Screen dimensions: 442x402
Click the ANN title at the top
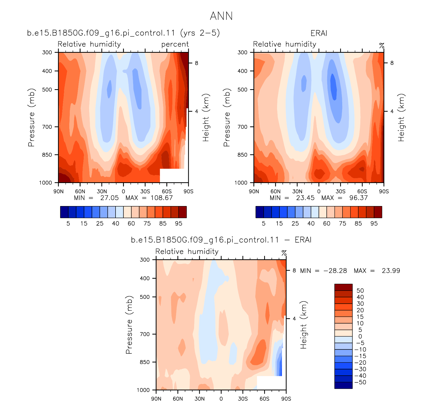click(221, 16)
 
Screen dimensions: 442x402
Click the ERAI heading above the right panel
click(319, 33)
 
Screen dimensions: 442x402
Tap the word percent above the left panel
click(175, 44)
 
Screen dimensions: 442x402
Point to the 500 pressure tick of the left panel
click(47, 90)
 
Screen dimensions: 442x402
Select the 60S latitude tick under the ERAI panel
click(362, 192)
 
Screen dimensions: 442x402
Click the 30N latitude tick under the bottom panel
click(200, 399)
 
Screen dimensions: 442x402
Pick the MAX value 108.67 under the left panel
click(162, 198)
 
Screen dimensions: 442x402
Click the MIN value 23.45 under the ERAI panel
click(305, 198)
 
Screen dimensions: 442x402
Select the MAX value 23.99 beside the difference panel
click(391, 271)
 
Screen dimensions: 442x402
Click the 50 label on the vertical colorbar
click(360, 291)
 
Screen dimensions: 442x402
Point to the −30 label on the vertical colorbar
click(360, 369)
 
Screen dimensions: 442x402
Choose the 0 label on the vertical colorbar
click(360, 337)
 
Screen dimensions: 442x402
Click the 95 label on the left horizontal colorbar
click(179, 224)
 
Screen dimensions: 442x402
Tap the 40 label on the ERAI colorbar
click(311, 224)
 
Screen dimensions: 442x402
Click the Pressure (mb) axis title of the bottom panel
click(129, 325)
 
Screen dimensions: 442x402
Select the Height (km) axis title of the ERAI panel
click(401, 118)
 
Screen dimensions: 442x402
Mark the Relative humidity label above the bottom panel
click(187, 252)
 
